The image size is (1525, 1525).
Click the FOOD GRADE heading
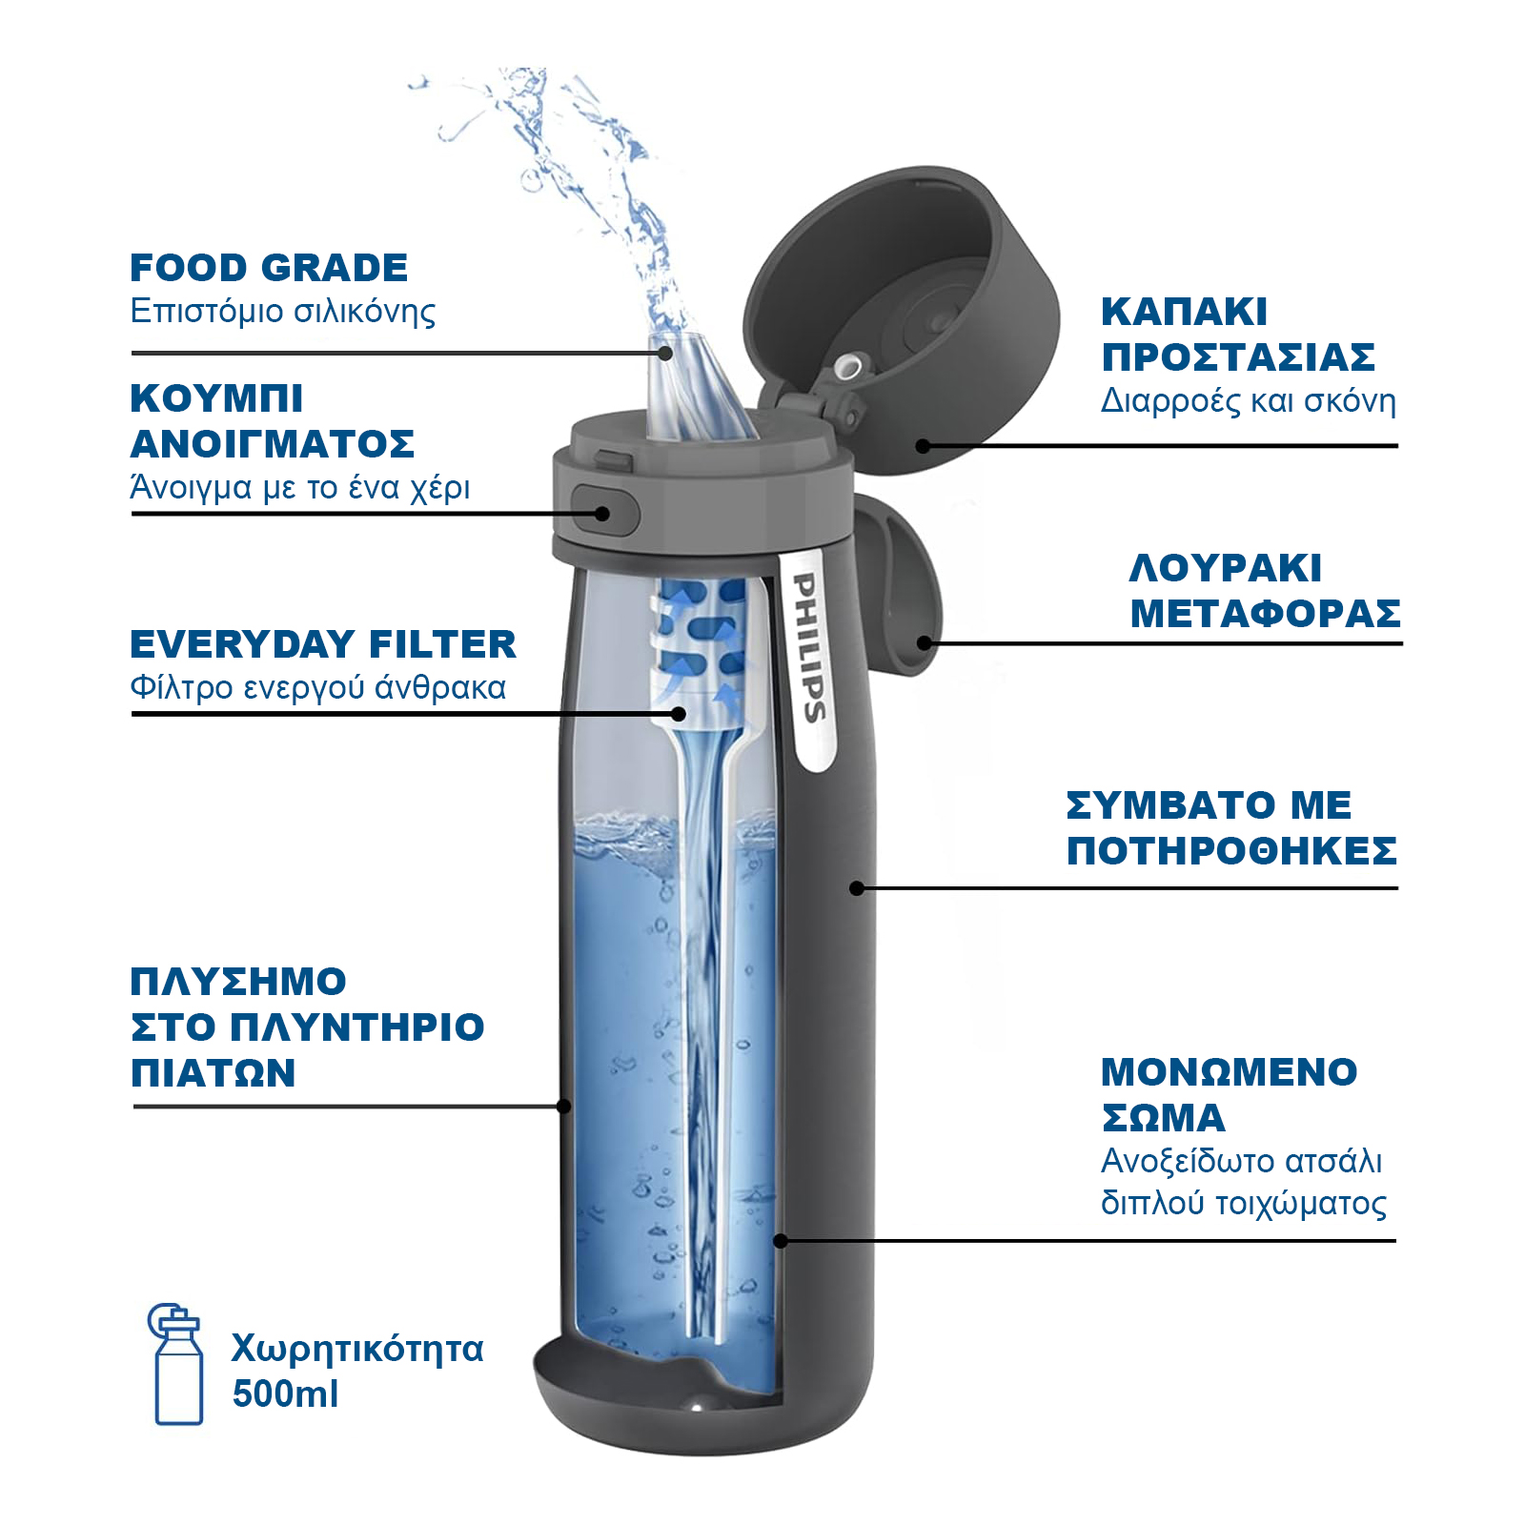point(269,268)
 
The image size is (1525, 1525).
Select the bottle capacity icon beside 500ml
point(176,1364)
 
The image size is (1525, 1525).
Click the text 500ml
point(285,1394)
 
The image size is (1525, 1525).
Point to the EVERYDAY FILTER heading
point(323,644)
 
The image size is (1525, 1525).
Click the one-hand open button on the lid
point(604,511)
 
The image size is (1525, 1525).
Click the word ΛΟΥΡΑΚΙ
point(1225,568)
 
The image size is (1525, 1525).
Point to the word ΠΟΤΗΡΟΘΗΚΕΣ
point(1231,850)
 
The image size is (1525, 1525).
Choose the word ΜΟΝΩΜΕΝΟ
point(1229,1072)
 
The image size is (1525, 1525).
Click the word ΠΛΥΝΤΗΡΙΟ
point(358,1027)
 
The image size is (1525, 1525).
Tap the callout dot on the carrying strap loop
point(924,643)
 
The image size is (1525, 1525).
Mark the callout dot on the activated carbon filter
point(679,713)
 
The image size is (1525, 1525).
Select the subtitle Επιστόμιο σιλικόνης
point(283,312)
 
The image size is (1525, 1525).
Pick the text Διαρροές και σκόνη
point(1249,401)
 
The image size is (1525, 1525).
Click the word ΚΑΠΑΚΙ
point(1184,312)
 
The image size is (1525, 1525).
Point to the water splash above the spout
point(562,191)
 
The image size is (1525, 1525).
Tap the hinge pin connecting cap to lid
point(847,367)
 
